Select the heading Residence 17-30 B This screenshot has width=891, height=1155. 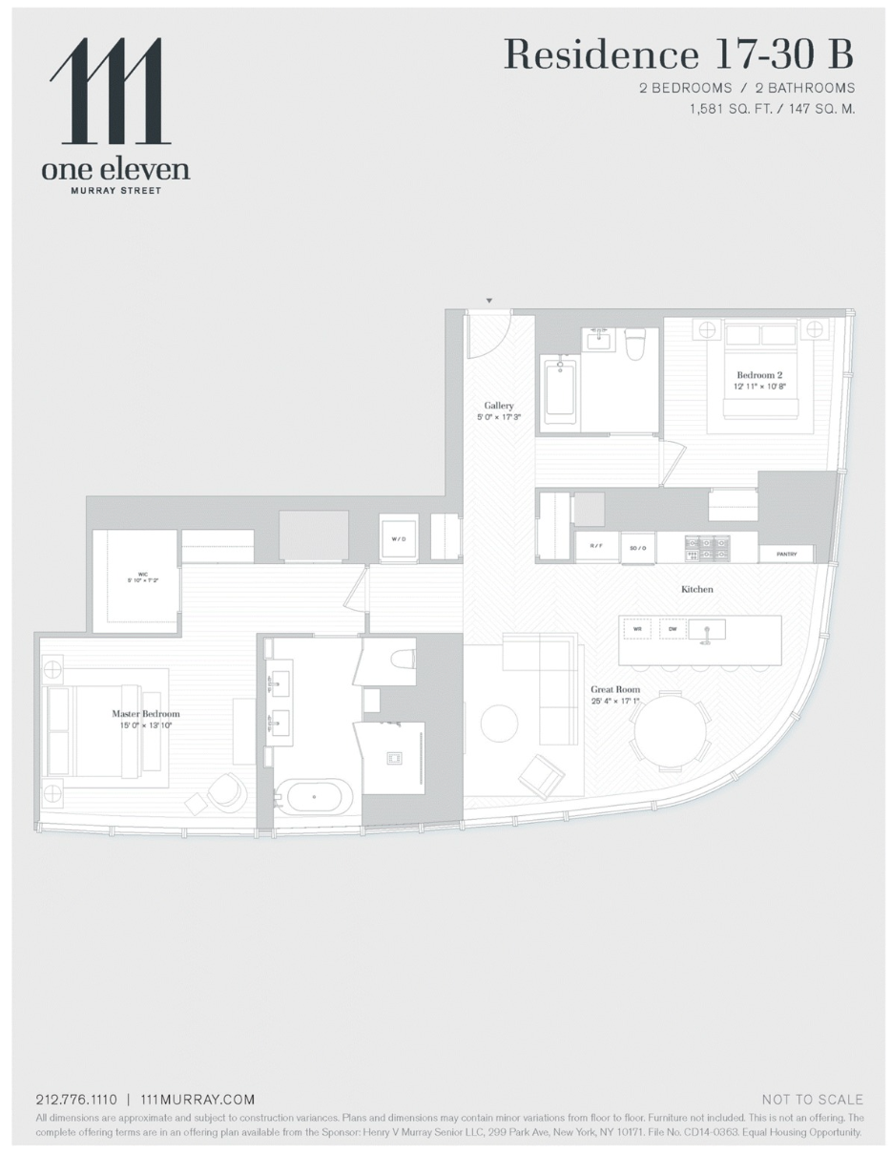coord(677,55)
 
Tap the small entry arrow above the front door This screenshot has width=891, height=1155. coord(489,302)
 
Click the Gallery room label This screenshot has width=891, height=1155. coord(498,406)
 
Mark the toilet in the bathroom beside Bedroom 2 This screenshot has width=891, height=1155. coord(635,344)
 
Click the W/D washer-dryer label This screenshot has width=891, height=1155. coord(398,537)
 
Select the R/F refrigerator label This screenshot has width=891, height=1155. coord(596,547)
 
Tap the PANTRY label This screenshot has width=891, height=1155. coord(786,554)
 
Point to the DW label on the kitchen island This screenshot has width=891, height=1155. coord(673,629)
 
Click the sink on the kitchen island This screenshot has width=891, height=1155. coord(707,630)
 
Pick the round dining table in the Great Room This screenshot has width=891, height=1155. coord(670,730)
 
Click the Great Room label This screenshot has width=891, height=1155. coord(614,689)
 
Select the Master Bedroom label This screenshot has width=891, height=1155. coord(145,714)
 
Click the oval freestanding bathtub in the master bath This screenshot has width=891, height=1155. coord(314,796)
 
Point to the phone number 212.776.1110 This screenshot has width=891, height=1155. coord(75,1100)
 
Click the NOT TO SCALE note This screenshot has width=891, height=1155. coord(812,1100)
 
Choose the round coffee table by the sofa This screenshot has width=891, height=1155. coord(499,724)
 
